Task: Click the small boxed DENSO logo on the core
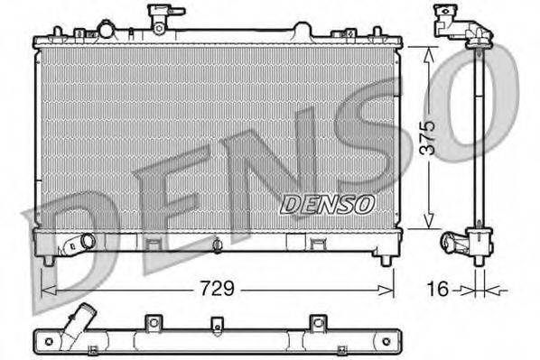[x=327, y=203]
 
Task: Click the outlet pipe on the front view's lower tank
[x=79, y=244]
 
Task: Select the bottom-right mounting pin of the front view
[x=387, y=259]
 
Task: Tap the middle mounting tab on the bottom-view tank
[x=215, y=322]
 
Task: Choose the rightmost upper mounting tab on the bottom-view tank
[x=316, y=321]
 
